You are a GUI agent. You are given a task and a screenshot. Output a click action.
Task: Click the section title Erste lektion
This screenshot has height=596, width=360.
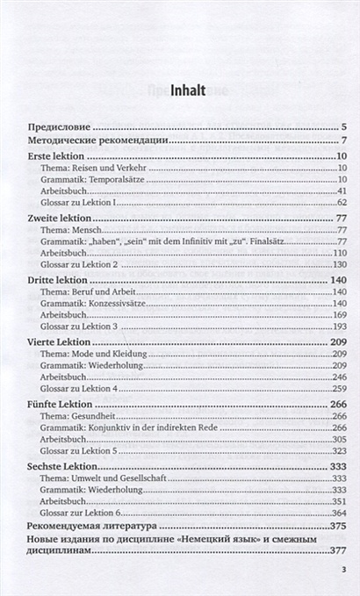55,155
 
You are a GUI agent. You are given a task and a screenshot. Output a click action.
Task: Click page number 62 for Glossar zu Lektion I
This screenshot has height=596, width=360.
342,203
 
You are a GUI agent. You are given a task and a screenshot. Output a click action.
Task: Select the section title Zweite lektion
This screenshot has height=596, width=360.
61,217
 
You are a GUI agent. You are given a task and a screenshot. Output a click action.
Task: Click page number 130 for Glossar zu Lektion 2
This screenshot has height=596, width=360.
341,264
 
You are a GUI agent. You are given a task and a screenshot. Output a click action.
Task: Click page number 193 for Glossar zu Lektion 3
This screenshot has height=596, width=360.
341,326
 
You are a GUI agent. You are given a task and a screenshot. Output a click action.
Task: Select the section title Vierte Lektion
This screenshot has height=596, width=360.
59,341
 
